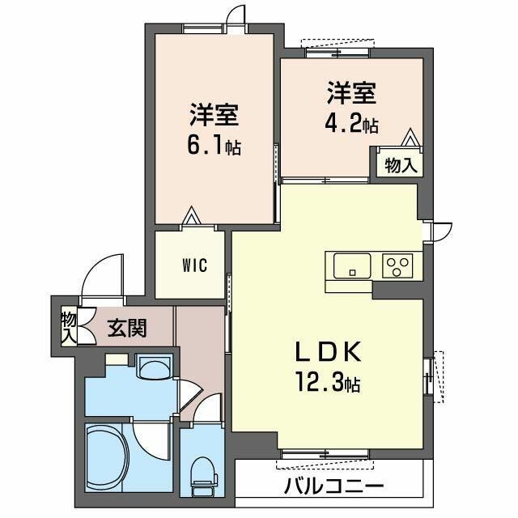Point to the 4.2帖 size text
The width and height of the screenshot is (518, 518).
(351, 125)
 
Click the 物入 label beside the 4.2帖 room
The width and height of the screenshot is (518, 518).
(401, 165)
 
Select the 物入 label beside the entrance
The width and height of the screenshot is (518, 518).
(67, 325)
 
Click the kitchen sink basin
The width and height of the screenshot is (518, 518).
(350, 264)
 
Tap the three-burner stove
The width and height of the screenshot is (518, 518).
(397, 264)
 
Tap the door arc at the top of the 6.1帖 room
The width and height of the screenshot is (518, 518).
(235, 15)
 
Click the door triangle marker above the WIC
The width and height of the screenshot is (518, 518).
(191, 216)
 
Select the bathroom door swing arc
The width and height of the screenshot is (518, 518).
(151, 438)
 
